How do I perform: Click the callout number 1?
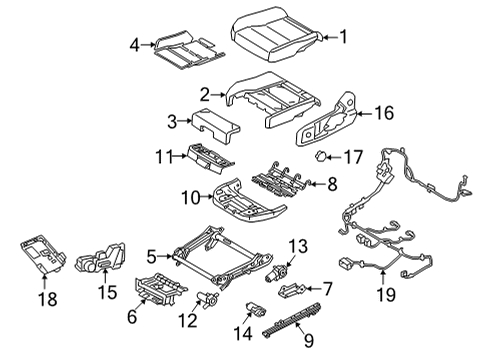click(344, 38)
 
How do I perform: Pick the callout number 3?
click(172, 122)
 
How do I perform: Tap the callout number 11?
click(165, 155)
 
